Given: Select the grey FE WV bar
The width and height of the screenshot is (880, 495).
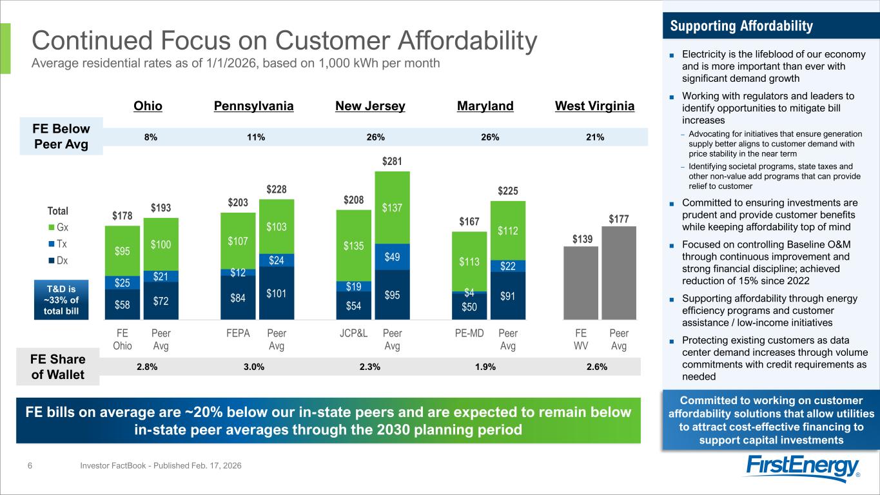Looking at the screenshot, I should click(x=581, y=283).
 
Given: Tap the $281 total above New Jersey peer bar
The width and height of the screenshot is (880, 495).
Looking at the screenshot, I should click(x=392, y=160).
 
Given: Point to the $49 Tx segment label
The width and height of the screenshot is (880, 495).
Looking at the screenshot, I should click(x=392, y=257).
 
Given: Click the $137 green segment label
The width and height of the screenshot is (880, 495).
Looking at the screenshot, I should click(x=392, y=208).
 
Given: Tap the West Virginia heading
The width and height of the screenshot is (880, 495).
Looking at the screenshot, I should click(x=594, y=106).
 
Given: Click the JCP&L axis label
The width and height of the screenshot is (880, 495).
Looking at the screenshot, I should click(x=353, y=334).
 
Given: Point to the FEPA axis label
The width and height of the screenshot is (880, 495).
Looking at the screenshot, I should click(x=238, y=334).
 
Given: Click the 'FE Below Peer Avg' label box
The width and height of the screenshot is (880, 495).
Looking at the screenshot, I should click(x=62, y=136).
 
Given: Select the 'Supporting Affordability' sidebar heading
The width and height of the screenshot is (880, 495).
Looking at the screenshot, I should click(x=741, y=26).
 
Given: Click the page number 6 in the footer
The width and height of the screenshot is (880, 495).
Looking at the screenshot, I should click(x=30, y=465).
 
